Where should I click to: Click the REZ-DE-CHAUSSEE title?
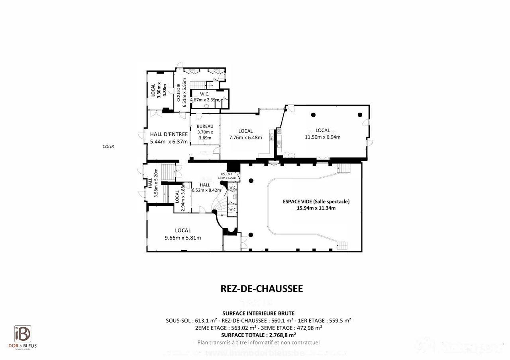[x=261, y=289]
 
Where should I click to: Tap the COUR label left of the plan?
[x=108, y=147]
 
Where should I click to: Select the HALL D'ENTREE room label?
[x=169, y=135]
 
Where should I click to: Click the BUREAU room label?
[x=205, y=126]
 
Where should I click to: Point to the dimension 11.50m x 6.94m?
[x=322, y=137]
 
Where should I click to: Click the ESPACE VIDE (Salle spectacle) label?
[x=316, y=202]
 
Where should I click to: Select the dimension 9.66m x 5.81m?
[x=182, y=238]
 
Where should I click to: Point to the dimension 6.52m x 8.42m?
[x=205, y=190]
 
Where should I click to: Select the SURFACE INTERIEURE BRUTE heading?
[x=258, y=313]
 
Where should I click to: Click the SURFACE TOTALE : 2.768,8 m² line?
[x=258, y=335]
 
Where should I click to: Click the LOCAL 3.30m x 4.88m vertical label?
[x=155, y=90]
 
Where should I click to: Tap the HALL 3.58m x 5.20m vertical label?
[x=153, y=183]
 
